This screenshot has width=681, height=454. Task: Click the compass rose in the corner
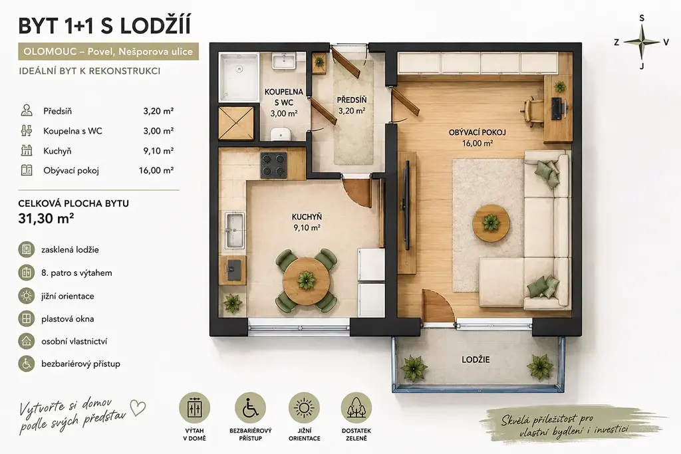[x=642, y=42]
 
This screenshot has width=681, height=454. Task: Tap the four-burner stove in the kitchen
[x=273, y=165]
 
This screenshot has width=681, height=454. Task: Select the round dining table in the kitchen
[x=306, y=281]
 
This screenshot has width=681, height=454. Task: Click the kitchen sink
[x=235, y=231]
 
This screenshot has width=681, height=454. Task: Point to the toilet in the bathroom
[x=281, y=134]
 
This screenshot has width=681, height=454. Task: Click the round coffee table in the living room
[x=491, y=223]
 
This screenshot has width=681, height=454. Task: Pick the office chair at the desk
[x=533, y=112]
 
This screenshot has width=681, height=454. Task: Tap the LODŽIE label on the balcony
[x=476, y=360]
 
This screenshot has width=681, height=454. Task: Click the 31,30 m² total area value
[x=46, y=218]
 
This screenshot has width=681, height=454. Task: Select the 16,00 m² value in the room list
[x=156, y=171]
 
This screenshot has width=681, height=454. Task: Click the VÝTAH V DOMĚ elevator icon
[x=195, y=408]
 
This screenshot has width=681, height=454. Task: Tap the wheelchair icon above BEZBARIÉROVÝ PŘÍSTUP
[x=250, y=408]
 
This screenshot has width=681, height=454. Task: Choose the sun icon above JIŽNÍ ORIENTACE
[x=304, y=408]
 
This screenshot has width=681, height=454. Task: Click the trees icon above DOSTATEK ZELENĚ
[x=356, y=408]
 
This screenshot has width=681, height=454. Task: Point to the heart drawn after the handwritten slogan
[x=138, y=408]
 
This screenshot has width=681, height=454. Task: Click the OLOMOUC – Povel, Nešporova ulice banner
[x=108, y=52]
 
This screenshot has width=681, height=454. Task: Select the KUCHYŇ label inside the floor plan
[x=307, y=217]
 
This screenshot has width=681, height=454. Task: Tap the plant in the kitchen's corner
[x=232, y=303]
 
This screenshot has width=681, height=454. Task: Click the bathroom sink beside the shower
[x=284, y=61]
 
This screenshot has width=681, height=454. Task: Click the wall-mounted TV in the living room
[x=407, y=205]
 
